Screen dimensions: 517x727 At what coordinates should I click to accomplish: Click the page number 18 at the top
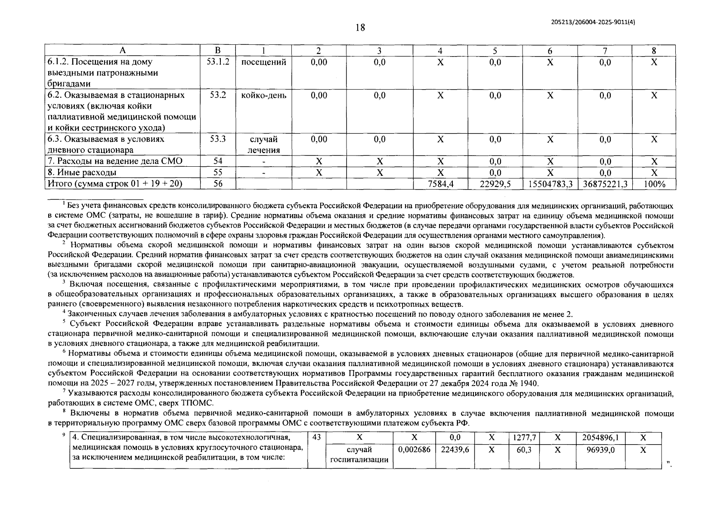click(x=360, y=28)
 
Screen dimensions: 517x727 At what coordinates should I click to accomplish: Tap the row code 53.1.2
click(x=218, y=62)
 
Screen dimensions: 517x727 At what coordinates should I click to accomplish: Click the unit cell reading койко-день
click(x=263, y=96)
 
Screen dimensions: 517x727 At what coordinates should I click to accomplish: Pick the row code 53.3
click(x=218, y=139)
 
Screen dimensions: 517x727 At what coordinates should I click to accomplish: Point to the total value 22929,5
click(x=495, y=184)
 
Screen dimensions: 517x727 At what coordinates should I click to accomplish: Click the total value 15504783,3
click(x=550, y=184)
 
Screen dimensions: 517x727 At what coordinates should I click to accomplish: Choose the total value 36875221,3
click(x=605, y=184)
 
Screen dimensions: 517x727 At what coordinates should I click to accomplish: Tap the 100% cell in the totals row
click(x=654, y=184)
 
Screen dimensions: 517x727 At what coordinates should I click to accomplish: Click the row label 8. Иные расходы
click(x=82, y=173)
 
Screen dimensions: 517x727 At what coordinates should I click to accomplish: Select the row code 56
click(x=218, y=184)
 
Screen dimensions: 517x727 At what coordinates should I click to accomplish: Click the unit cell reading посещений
click(x=263, y=62)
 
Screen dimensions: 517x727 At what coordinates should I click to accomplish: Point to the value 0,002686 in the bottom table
click(x=414, y=450)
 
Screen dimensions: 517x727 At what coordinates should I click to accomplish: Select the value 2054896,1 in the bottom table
click(x=600, y=437)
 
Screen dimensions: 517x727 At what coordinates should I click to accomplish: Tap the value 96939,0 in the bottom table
click(x=600, y=450)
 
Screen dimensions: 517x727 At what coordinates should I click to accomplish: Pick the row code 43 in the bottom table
click(x=316, y=437)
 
